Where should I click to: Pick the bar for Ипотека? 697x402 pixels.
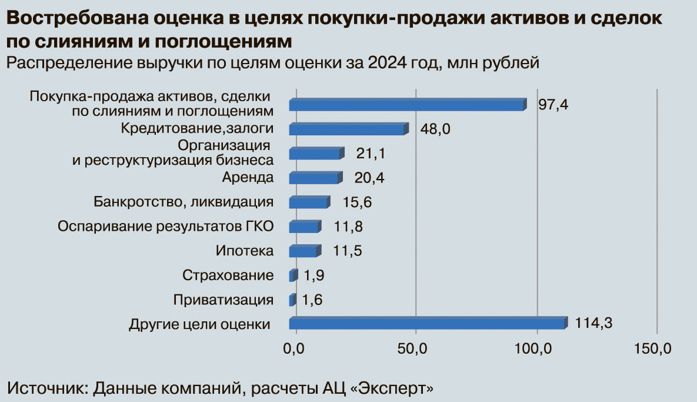coord(305,251)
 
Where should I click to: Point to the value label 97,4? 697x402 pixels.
coord(553,105)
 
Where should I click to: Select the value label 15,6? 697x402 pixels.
coord(358,202)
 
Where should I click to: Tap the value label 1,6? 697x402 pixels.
coord(312,300)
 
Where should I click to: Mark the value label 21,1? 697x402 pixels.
coord(371,154)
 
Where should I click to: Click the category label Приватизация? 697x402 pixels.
coord(224,300)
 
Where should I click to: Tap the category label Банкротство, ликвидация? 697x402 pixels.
coord(184,202)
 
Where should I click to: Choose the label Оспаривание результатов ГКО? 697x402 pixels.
coord(166,227)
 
